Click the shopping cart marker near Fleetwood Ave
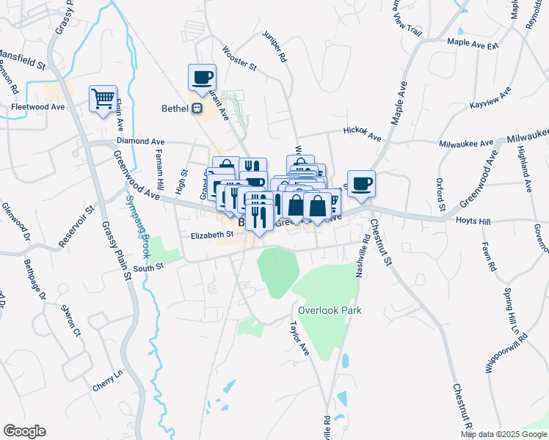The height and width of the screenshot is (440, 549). tap(103, 98)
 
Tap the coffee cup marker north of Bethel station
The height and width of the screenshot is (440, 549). tap(202, 76)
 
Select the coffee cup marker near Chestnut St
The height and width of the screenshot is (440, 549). tap(360, 183)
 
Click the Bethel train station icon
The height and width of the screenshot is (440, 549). tap(196, 109)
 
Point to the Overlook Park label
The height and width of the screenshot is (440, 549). tap(330, 310)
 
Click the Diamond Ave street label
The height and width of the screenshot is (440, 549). tap(139, 141)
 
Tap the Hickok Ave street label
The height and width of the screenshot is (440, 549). tap(363, 133)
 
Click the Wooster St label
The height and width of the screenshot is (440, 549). tap(239, 59)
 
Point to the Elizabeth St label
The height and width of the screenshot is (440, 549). tap(211, 235)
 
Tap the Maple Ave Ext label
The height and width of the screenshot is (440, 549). tap(473, 43)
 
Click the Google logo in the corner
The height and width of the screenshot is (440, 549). tap(24, 431)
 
